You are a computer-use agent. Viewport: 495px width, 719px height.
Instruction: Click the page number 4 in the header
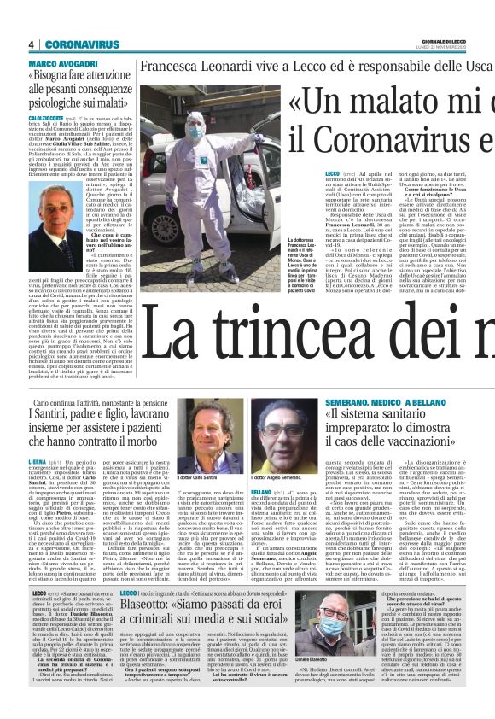[x=31, y=44]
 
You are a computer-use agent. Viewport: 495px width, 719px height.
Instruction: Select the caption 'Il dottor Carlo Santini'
[x=198, y=478]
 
